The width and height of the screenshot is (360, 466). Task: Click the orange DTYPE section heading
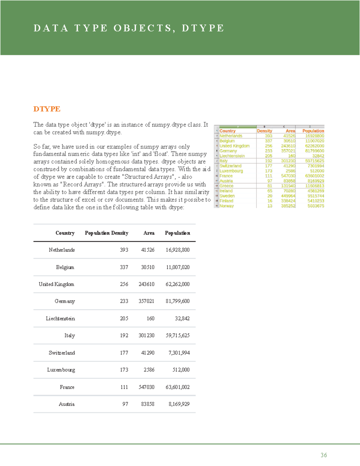click(47, 109)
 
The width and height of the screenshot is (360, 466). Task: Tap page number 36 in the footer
click(323, 455)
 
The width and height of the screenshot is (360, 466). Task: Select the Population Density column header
click(106, 233)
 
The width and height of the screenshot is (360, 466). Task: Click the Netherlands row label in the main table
click(61, 250)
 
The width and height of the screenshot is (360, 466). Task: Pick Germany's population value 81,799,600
click(177, 301)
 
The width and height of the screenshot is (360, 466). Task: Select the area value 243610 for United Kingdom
click(146, 284)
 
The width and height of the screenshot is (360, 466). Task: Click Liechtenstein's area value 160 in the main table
click(150, 318)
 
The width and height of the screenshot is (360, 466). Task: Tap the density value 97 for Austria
click(125, 404)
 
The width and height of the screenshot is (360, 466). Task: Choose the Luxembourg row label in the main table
click(61, 370)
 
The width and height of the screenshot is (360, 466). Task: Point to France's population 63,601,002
click(177, 387)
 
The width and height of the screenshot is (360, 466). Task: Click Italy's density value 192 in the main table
click(124, 335)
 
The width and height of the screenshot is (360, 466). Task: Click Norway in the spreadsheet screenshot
click(226, 206)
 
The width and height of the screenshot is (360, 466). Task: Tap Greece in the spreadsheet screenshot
click(226, 186)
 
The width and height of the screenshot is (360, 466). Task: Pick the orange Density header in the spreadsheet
click(264, 131)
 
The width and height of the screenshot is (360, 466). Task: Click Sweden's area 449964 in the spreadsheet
click(288, 196)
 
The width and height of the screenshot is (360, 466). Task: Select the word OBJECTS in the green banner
click(142, 28)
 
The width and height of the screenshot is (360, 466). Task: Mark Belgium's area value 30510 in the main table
click(148, 267)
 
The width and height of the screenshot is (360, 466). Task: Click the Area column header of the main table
click(149, 233)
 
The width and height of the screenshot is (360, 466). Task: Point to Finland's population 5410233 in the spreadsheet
click(316, 201)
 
